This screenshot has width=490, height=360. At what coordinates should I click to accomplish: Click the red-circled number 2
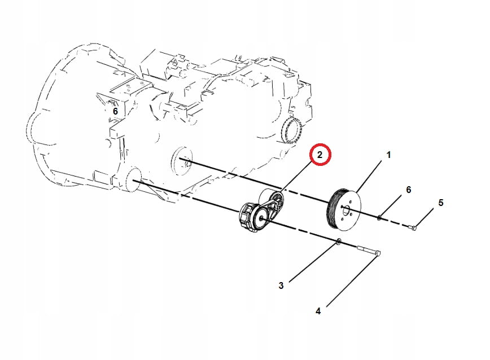[320, 154]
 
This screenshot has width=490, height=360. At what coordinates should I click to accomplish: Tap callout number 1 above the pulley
[388, 155]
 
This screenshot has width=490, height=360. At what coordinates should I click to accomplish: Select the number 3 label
[281, 286]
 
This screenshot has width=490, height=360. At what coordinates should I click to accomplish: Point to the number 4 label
[318, 311]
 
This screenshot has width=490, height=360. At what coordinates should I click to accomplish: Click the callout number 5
[441, 203]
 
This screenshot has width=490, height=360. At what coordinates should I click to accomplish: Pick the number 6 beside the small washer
[409, 190]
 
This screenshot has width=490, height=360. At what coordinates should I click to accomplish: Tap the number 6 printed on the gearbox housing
[115, 111]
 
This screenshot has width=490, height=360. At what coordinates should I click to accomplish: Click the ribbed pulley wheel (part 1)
[343, 210]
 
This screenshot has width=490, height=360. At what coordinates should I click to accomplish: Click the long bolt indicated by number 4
[369, 251]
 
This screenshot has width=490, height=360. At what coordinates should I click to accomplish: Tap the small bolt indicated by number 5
[413, 227]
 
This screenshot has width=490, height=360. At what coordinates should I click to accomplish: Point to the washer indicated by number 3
[339, 242]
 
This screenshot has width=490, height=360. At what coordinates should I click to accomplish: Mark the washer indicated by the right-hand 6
[379, 217]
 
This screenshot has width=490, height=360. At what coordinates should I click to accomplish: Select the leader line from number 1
[369, 177]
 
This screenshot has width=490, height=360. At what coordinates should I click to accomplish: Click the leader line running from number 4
[352, 280]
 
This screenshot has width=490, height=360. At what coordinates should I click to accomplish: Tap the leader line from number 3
[313, 262]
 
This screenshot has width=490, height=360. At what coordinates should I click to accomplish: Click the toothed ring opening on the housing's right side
[291, 130]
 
